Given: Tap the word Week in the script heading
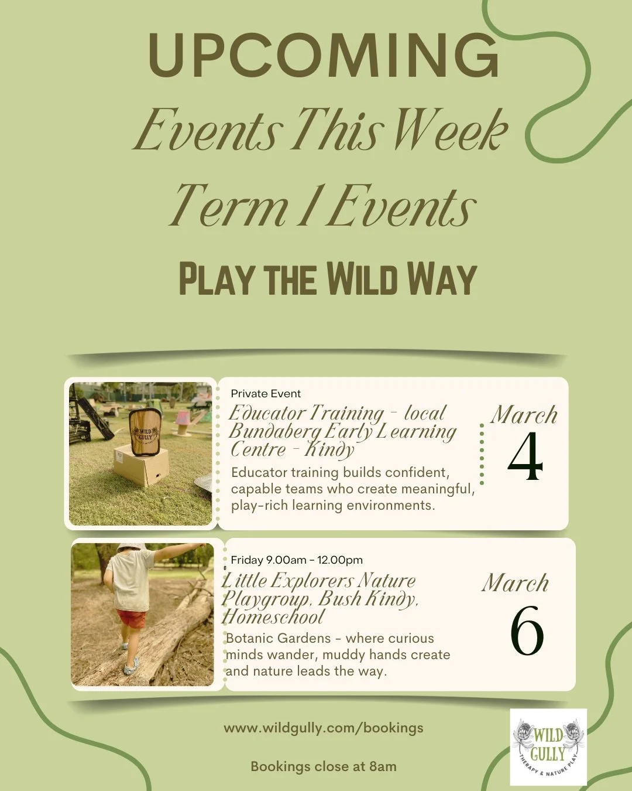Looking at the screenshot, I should [449, 130].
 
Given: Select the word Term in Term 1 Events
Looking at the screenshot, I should [229, 206].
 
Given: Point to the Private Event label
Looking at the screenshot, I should [266, 394].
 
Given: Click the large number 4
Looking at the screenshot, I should [525, 457].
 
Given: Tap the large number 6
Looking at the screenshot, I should [527, 631].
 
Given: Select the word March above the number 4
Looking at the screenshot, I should [524, 415].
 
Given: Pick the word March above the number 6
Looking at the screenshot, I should [516, 583].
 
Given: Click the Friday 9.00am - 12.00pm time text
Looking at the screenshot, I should [297, 560].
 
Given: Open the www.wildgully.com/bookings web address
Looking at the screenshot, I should [324, 728].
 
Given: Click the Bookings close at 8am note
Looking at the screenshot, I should [324, 766].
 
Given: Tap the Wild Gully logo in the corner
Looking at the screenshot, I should [548, 747].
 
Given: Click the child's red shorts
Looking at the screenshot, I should [131, 618].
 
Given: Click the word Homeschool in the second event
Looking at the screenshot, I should [273, 617].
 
